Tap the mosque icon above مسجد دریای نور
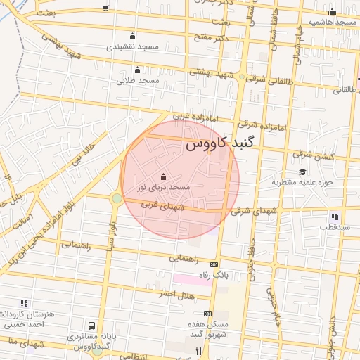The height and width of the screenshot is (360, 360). pyautogui.click(x=164, y=176)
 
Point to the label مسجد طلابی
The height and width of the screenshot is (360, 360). pyautogui.click(x=138, y=80)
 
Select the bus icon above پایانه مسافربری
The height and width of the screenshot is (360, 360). pyautogui.click(x=91, y=327)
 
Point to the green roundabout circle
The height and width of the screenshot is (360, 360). pyautogui.click(x=116, y=199)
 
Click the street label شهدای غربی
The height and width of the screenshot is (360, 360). pyautogui.click(x=162, y=207)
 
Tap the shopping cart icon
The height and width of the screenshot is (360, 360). pyautogui.click(x=105, y=8)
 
